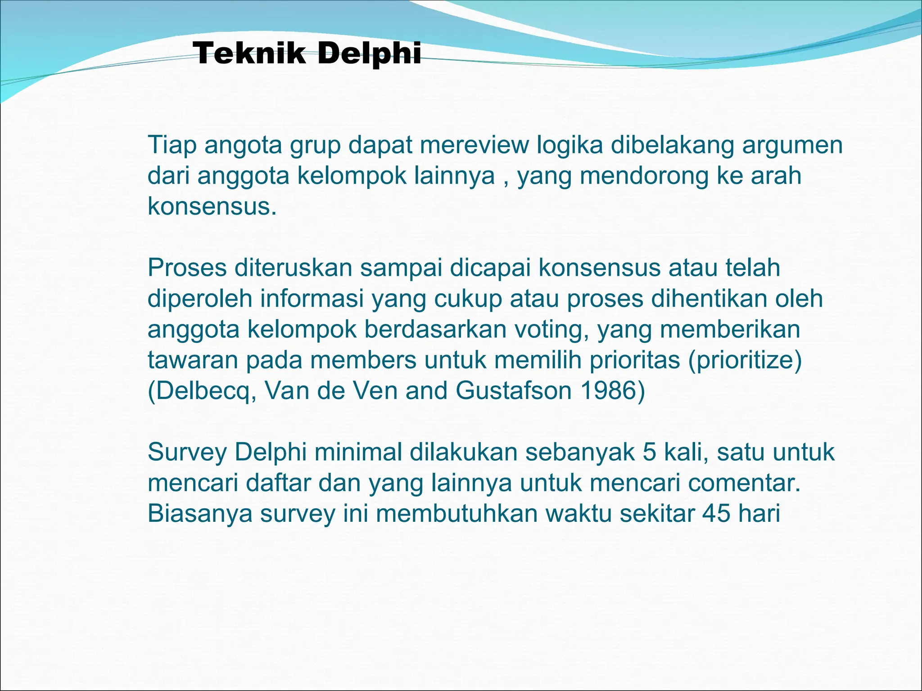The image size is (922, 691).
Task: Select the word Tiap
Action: click(x=172, y=145)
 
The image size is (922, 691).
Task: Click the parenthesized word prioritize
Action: click(x=745, y=360)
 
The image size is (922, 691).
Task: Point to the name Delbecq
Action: click(x=202, y=391)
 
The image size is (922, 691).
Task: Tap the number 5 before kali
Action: click(x=650, y=452)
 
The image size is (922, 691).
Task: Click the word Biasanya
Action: click(x=200, y=514)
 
